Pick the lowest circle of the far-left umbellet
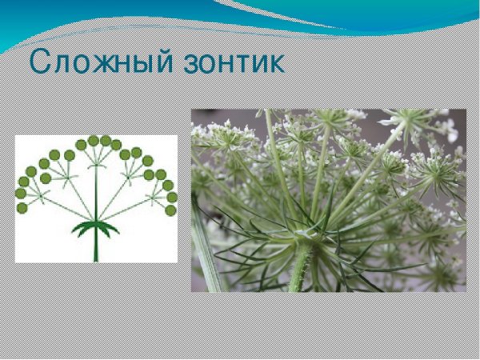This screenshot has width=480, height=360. (22, 207)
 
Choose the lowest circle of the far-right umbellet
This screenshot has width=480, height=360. (170, 210)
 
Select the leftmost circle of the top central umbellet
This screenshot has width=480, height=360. (81, 145)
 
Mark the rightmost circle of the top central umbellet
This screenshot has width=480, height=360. (116, 145)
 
